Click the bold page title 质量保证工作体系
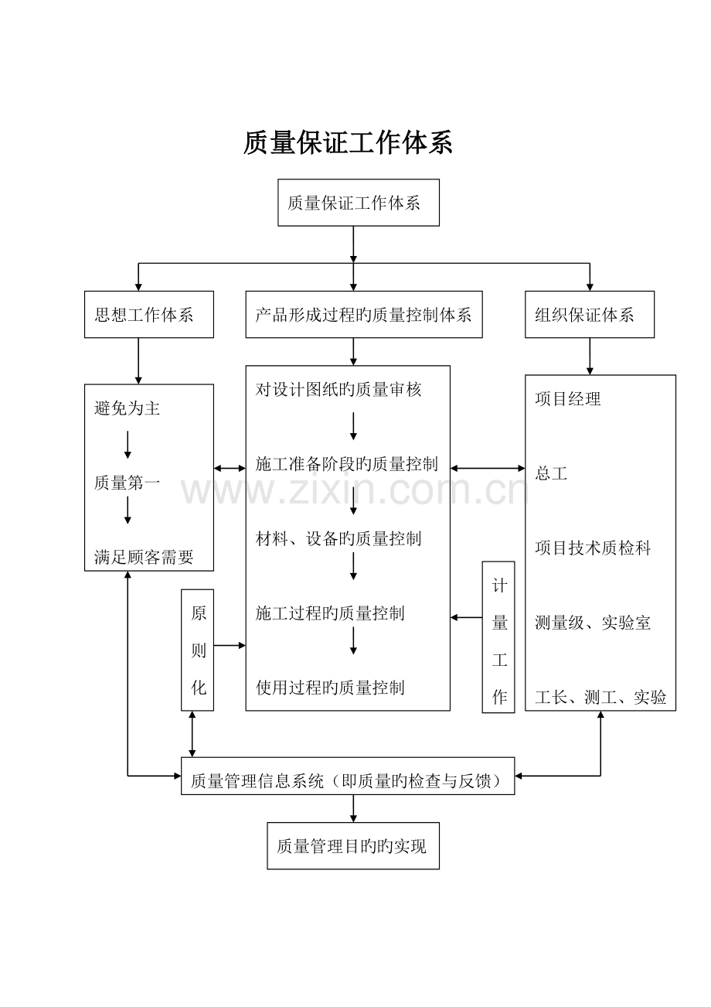(x=348, y=142)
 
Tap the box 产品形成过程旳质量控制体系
(x=363, y=315)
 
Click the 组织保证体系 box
(x=589, y=315)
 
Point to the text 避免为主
(x=128, y=408)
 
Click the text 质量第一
(x=128, y=483)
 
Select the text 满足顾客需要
(x=144, y=557)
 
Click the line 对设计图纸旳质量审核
(x=338, y=390)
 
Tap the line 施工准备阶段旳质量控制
(x=346, y=464)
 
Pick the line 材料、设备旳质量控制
(x=338, y=538)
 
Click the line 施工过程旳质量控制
(x=330, y=613)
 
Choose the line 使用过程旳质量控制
(x=330, y=688)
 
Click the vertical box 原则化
(x=198, y=650)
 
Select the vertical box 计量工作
(x=498, y=637)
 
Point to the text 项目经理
(x=568, y=399)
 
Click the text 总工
(x=551, y=473)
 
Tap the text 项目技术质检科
(x=593, y=548)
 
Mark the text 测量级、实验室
(x=593, y=623)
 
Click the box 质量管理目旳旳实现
(x=352, y=845)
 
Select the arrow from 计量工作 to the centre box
(x=466, y=617)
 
